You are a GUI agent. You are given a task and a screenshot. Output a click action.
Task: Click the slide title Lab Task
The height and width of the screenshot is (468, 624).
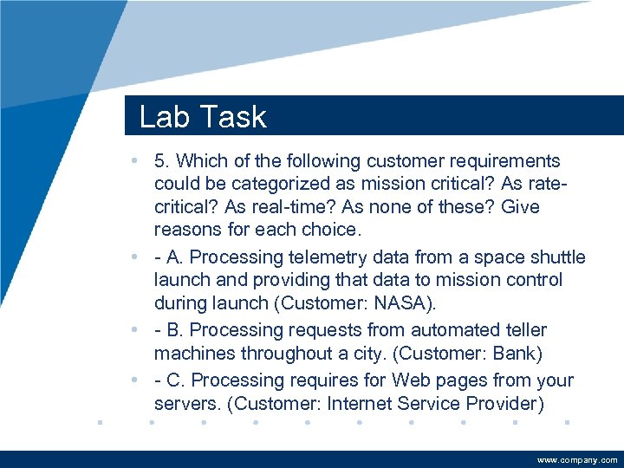click(203, 117)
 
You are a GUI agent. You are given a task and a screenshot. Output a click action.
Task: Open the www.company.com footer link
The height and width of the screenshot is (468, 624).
click(577, 459)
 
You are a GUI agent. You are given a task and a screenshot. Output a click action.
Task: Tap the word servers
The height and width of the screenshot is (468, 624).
click(183, 404)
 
